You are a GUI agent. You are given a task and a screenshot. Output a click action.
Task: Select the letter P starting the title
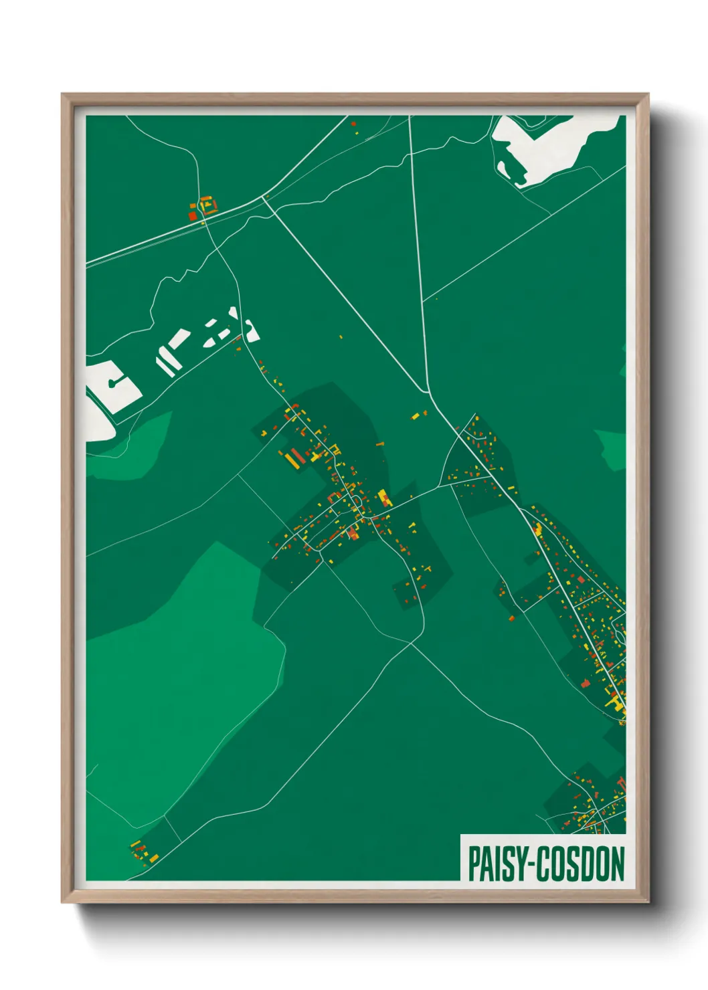tap(474, 864)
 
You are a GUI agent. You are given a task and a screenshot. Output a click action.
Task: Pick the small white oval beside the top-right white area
tap(501, 167)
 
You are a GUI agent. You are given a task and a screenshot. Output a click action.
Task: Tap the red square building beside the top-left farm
tap(193, 215)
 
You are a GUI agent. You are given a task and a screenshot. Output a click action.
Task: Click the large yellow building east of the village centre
tap(383, 497)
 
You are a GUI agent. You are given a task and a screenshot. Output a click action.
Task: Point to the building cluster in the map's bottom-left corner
tap(143, 852)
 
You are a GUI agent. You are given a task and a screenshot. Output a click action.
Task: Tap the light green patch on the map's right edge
tap(612, 450)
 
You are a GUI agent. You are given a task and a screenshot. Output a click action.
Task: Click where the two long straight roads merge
tap(428, 393)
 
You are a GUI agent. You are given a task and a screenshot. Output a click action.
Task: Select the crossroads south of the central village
tap(412, 641)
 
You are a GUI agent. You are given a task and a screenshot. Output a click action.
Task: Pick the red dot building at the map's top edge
tap(353, 124)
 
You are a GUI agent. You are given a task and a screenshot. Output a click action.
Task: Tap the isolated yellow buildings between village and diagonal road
tap(418, 415)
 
